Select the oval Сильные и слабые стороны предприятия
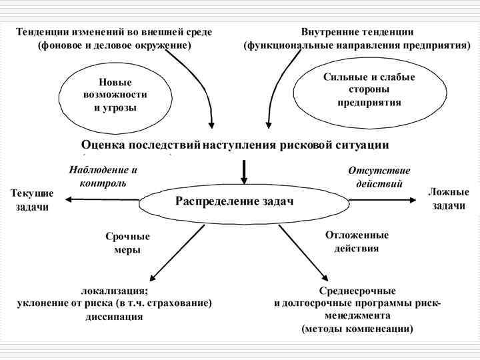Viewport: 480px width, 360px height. [x=369, y=90]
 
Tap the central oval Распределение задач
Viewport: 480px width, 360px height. [x=234, y=201]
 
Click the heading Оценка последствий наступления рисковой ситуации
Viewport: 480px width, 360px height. [x=235, y=145]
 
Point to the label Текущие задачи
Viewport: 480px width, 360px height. [x=32, y=200]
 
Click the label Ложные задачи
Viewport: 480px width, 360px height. [x=448, y=199]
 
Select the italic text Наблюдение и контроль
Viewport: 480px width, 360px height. [x=103, y=176]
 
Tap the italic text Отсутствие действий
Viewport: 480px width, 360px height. [x=379, y=177]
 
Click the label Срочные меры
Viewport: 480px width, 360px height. [x=127, y=243]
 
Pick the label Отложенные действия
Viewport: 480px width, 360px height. [x=357, y=241]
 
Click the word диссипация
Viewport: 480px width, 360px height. [x=114, y=317]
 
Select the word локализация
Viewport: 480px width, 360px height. [x=115, y=291]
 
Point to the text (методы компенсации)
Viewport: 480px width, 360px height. [x=357, y=329]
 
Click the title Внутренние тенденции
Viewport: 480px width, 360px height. [x=357, y=32]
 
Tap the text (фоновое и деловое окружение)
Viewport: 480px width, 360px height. [x=114, y=45]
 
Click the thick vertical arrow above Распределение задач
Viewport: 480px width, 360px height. [x=244, y=171]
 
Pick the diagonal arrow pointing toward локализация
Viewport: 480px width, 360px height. [x=177, y=253]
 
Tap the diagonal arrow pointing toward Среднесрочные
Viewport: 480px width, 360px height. [x=303, y=253]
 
